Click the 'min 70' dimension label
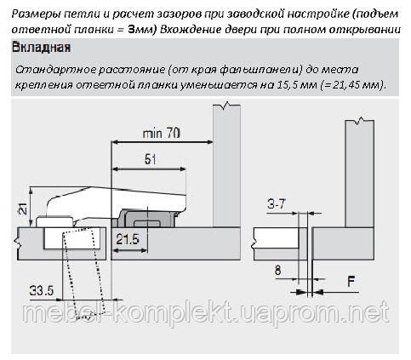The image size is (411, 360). coord(161,133)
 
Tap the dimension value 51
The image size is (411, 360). coord(151,159)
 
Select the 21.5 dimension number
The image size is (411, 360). coord(128,239)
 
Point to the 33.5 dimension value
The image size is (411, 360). coord(42,290)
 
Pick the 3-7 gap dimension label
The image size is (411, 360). coord(277,203)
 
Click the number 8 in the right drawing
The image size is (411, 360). coord(278,270)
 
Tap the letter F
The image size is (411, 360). coord(351,282)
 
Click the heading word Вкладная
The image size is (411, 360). coord(42,48)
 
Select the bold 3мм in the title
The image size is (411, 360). coord(140,29)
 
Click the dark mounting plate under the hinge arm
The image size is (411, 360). coord(147,219)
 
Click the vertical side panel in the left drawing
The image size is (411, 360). coord(226,166)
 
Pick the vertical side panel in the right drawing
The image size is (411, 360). coord(359,174)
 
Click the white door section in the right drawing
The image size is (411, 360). coord(276,237)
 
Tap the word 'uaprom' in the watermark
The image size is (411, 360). coord(283,312)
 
